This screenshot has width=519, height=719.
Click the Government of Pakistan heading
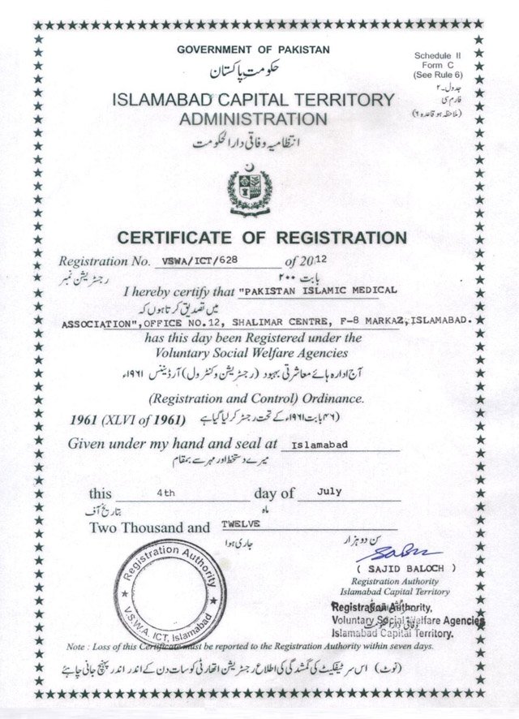click(x=254, y=50)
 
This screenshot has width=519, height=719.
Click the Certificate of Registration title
click(x=261, y=238)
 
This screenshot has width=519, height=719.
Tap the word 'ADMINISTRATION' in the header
click(x=254, y=119)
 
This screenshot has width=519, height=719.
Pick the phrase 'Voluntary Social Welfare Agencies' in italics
click(x=254, y=353)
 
